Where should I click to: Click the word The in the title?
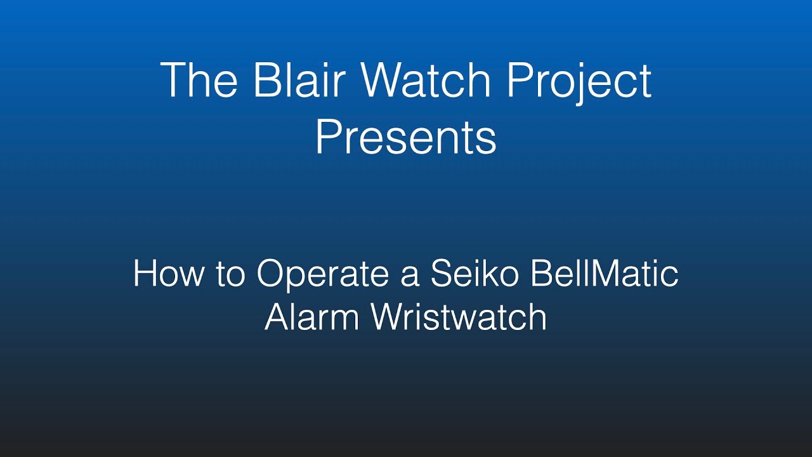(199, 81)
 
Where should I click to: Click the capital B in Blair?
(265, 81)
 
